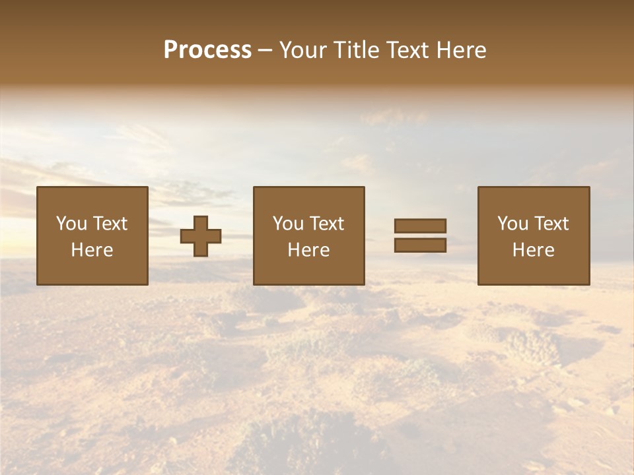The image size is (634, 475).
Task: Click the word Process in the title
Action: click(x=207, y=50)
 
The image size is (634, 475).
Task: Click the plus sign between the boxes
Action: click(x=201, y=236)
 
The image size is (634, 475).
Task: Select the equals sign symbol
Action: click(x=420, y=236)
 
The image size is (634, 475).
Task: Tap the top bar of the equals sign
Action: click(x=420, y=226)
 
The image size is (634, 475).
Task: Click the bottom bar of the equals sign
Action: click(x=420, y=245)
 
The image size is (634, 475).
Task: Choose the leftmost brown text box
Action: click(x=92, y=236)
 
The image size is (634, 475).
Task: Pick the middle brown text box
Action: click(x=308, y=236)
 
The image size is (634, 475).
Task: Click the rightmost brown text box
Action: click(x=534, y=236)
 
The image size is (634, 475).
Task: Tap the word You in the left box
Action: click(x=71, y=224)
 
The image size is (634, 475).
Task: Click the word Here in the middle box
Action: click(x=308, y=250)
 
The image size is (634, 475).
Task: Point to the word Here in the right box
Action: click(x=534, y=250)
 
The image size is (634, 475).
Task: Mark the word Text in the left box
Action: click(x=110, y=224)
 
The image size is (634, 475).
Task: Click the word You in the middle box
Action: click(x=288, y=224)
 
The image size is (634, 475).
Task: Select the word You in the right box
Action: click(x=512, y=224)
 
